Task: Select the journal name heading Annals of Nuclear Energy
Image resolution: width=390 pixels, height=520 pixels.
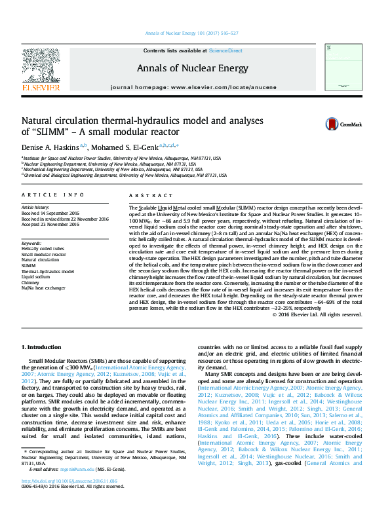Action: tap(192, 68)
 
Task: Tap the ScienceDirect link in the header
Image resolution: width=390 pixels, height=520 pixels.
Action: tap(225, 50)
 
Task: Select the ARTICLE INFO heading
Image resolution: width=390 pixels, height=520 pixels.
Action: tap(53, 195)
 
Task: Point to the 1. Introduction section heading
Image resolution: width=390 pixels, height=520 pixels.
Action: tap(41, 346)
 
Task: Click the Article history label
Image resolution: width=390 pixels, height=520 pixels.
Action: tap(37, 207)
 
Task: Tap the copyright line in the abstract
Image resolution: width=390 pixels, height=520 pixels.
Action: tap(317, 314)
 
